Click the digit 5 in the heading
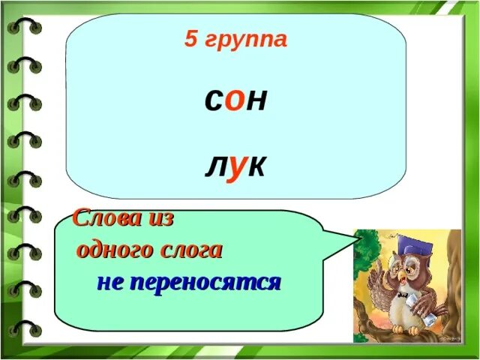click(x=190, y=40)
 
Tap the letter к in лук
click(x=256, y=166)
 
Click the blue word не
click(x=111, y=283)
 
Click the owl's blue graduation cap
click(x=412, y=247)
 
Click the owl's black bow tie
click(x=406, y=295)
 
